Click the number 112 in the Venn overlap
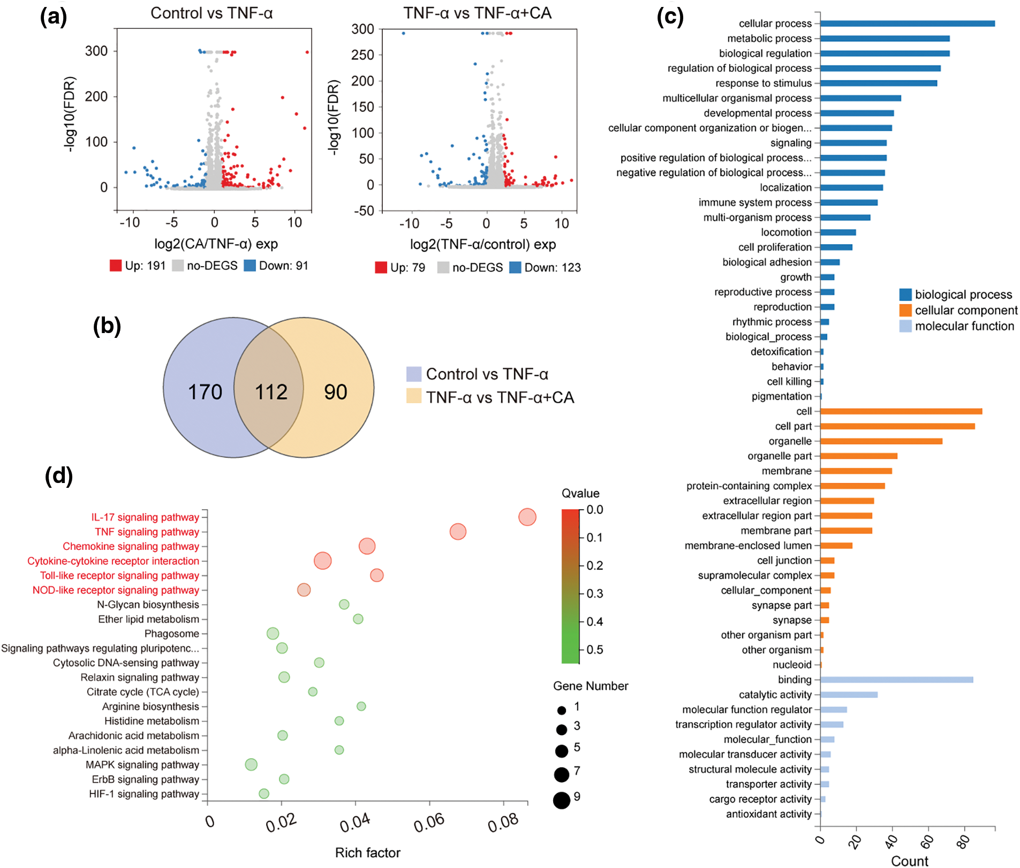(x=271, y=392)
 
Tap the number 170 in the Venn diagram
(x=205, y=392)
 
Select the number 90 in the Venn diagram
(x=336, y=392)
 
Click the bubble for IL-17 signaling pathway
(x=527, y=517)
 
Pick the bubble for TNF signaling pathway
(x=458, y=532)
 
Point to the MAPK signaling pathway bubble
(x=251, y=765)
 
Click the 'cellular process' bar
(x=907, y=24)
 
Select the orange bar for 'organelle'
(x=881, y=441)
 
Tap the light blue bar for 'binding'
(x=896, y=680)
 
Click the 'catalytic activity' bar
(x=849, y=695)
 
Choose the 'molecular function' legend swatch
(x=905, y=326)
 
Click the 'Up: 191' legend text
(x=145, y=266)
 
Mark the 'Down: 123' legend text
(x=552, y=268)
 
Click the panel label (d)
(x=59, y=476)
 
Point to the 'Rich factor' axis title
(x=368, y=852)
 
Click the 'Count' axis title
(x=909, y=861)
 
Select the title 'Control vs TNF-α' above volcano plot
(x=211, y=13)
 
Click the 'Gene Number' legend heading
(x=591, y=686)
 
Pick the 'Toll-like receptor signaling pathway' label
(x=119, y=576)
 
